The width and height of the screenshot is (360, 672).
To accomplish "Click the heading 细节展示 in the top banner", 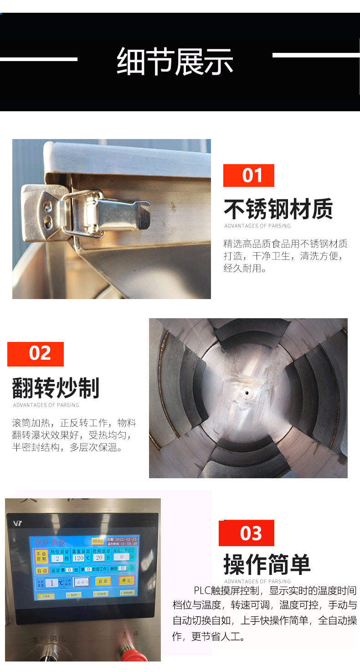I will click(x=175, y=61).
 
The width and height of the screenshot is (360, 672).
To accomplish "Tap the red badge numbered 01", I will click(x=249, y=176).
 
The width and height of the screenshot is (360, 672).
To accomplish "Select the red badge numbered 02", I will click(x=36, y=354).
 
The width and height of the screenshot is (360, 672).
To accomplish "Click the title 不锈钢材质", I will click(x=278, y=209).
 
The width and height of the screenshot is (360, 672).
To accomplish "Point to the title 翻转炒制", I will click(x=56, y=388).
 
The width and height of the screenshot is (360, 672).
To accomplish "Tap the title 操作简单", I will click(x=267, y=564).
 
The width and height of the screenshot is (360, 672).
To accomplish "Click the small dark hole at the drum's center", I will click(x=247, y=392).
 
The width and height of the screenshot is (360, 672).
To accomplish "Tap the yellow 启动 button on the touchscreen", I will click(x=103, y=581).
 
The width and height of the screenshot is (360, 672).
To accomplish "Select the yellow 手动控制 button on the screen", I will click(x=41, y=556).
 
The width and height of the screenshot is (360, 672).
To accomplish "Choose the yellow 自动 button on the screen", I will click(x=42, y=570).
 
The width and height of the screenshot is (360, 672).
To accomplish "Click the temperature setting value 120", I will click(x=78, y=558).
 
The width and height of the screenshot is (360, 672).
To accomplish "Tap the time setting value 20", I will click(x=99, y=558).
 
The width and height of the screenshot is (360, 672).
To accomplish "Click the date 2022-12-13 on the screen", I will click(x=126, y=538).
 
